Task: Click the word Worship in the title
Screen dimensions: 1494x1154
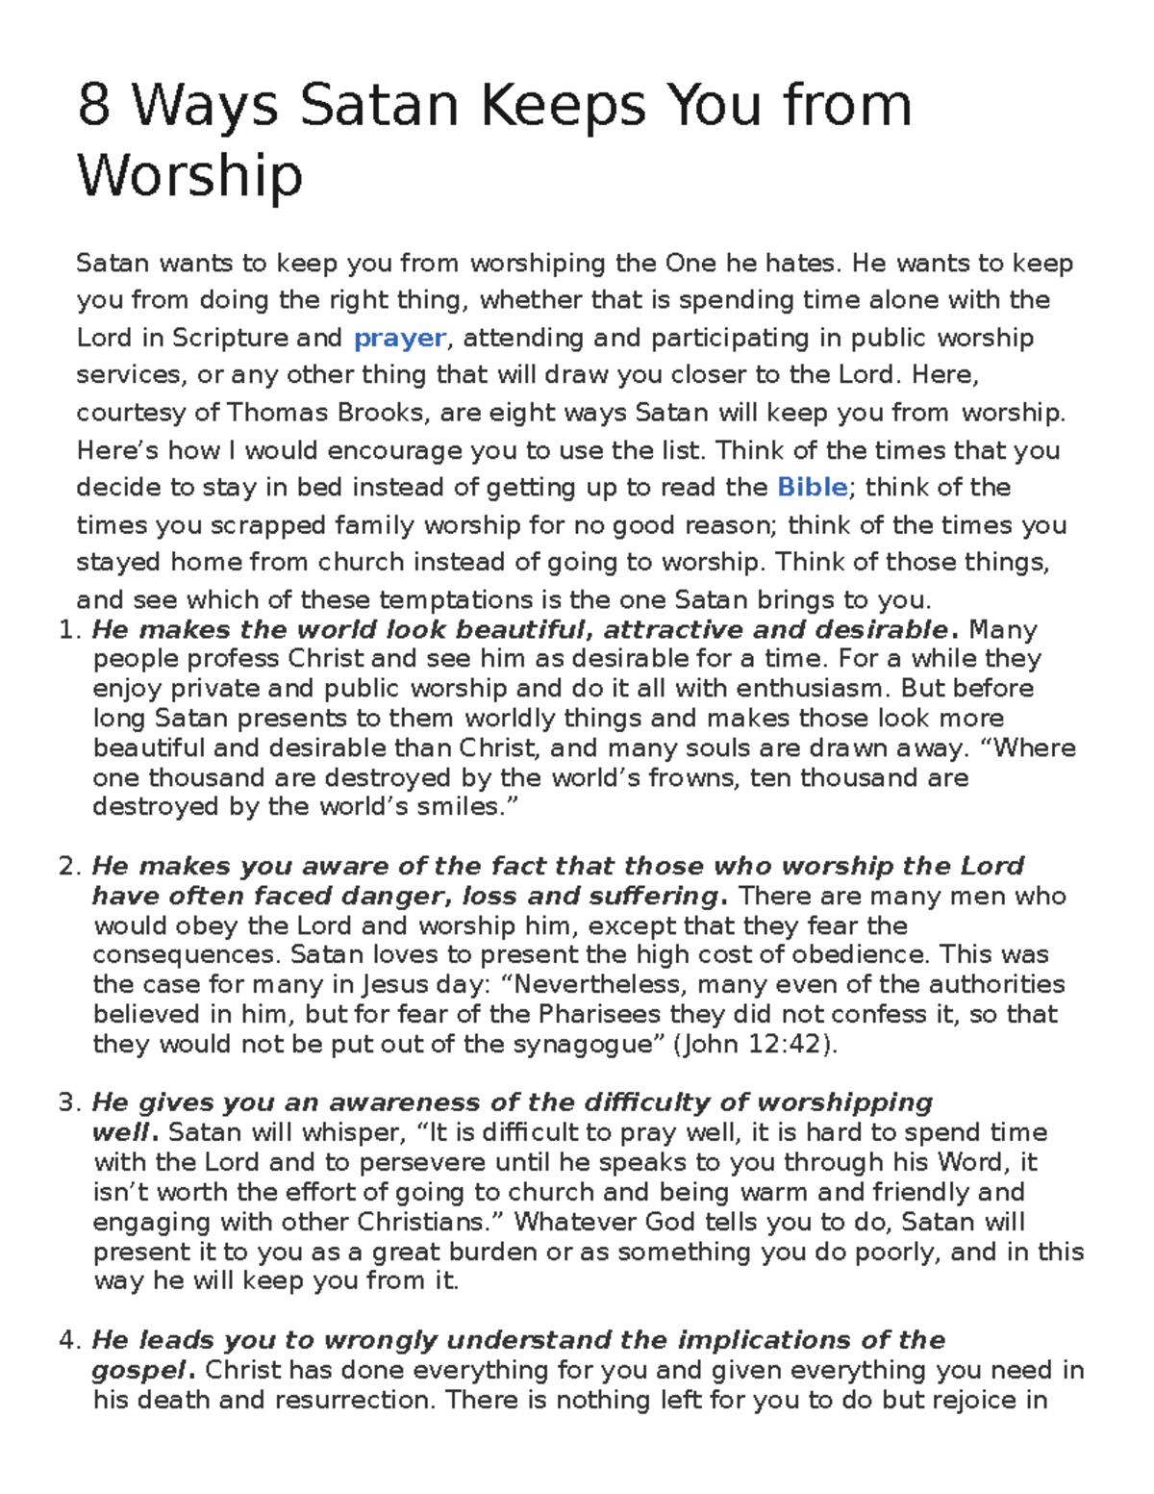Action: point(189,176)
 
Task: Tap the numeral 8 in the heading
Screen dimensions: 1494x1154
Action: point(92,105)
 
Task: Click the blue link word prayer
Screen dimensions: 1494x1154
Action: point(399,338)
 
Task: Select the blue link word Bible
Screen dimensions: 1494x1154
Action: point(812,487)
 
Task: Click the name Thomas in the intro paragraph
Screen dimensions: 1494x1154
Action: point(277,413)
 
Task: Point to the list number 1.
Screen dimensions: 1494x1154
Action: point(66,630)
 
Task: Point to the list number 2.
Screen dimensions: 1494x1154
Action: point(66,866)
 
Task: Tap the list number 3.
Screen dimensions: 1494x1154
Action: point(66,1102)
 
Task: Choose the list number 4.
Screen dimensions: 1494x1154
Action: point(66,1340)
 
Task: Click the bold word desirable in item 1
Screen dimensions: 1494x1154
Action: point(881,630)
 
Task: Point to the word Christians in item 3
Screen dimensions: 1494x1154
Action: point(424,1222)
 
